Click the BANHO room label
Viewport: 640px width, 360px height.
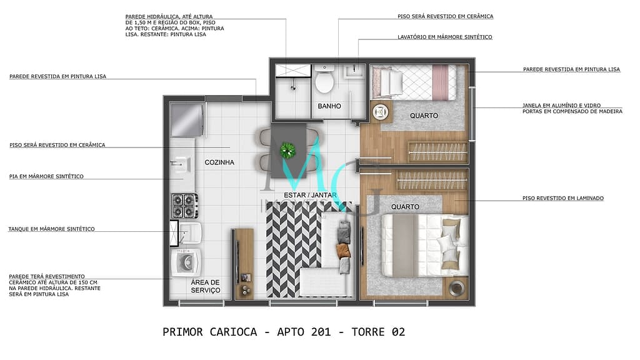329,106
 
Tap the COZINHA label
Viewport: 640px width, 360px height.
219,162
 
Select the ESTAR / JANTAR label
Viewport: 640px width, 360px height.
311,195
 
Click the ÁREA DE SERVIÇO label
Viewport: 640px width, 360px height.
206,286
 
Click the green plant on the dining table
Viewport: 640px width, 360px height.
287,149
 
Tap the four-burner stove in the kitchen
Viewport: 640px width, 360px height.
186,205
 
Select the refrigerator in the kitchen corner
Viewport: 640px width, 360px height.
187,119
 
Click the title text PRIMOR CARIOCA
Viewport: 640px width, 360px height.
209,332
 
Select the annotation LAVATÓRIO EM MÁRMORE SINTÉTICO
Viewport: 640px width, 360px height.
444,37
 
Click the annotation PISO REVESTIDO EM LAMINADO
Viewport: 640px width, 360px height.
563,199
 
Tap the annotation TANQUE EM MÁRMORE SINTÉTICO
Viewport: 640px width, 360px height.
51,229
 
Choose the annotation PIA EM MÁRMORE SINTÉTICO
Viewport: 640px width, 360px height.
46,177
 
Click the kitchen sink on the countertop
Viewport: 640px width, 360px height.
181,164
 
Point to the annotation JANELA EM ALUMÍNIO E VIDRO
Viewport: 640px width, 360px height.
572,106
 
